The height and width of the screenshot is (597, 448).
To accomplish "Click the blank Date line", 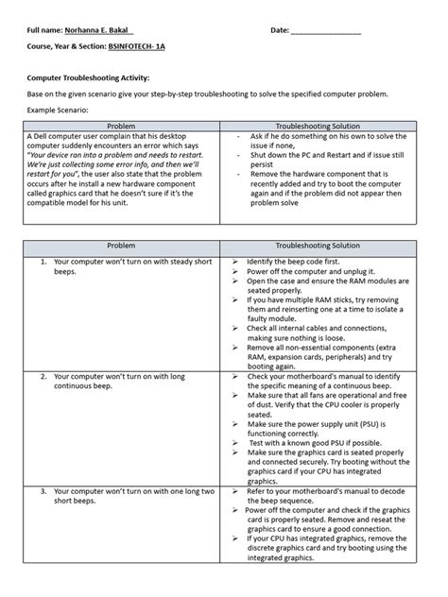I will point(326,31).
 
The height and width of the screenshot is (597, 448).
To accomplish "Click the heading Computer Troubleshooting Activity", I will point(88,78).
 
